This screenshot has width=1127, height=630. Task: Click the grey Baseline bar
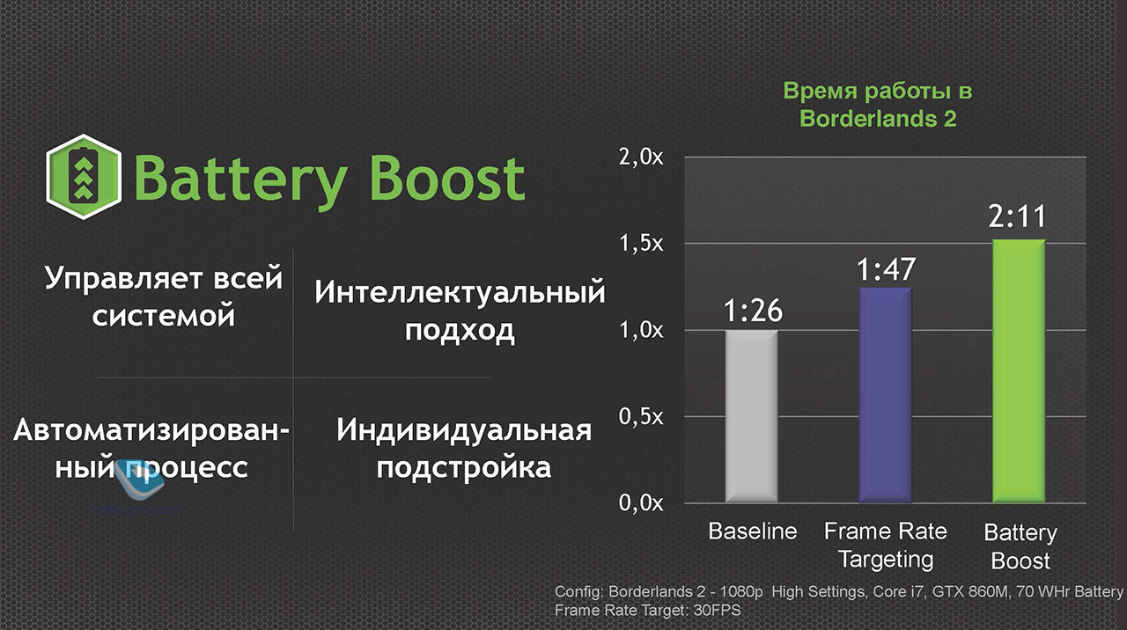[751, 416]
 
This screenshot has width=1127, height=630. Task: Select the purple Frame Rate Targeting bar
[885, 395]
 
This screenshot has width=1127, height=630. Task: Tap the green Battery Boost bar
[1019, 371]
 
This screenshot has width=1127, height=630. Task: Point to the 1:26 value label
[753, 311]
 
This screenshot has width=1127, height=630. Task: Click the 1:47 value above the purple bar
[886, 269]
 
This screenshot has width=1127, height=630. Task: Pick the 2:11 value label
[1017, 216]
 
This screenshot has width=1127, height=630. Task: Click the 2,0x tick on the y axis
[641, 157]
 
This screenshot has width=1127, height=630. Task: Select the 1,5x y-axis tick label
[641, 244]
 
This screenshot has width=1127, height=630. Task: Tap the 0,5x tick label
[641, 417]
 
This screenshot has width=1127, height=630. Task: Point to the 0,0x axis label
[641, 502]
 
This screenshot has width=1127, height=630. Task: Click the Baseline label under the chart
[753, 531]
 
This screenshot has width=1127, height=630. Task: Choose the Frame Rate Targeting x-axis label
[886, 546]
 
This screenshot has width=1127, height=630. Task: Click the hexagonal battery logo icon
[84, 177]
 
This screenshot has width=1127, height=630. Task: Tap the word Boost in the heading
[447, 179]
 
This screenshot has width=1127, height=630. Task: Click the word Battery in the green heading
[240, 182]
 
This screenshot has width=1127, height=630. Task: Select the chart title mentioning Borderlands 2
[878, 105]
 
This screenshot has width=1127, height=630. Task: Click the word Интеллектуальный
[460, 292]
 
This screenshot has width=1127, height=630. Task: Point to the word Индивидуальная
[464, 431]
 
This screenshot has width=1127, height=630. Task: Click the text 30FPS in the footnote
[717, 611]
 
